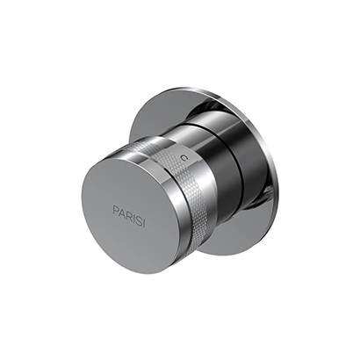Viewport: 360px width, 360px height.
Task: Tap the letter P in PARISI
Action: point(114,209)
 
